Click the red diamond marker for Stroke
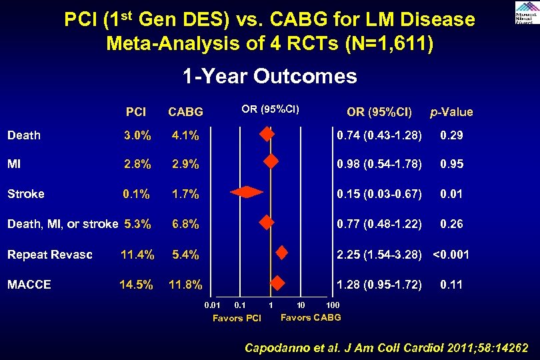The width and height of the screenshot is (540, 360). pyautogui.click(x=247, y=193)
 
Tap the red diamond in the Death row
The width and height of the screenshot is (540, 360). pyautogui.click(x=267, y=135)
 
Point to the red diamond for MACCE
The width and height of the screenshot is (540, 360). pyautogui.click(x=277, y=283)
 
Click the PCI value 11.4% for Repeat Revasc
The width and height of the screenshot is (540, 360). pyautogui.click(x=137, y=254)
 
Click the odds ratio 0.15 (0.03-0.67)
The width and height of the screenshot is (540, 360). pyautogui.click(x=379, y=194)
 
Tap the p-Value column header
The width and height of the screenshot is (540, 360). pyautogui.click(x=451, y=112)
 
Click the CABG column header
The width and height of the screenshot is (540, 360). pyautogui.click(x=185, y=112)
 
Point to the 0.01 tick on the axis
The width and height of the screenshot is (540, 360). pyautogui.click(x=212, y=305)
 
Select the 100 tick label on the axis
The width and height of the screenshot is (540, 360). pyautogui.click(x=333, y=305)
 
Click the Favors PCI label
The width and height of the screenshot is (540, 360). pyautogui.click(x=237, y=318)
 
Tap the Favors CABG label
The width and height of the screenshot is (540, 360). pyautogui.click(x=311, y=317)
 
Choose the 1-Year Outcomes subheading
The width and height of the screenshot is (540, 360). pyautogui.click(x=270, y=77)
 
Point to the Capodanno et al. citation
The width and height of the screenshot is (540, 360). pyautogui.click(x=387, y=347)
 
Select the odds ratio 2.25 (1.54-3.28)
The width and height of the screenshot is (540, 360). pyautogui.click(x=379, y=254)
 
